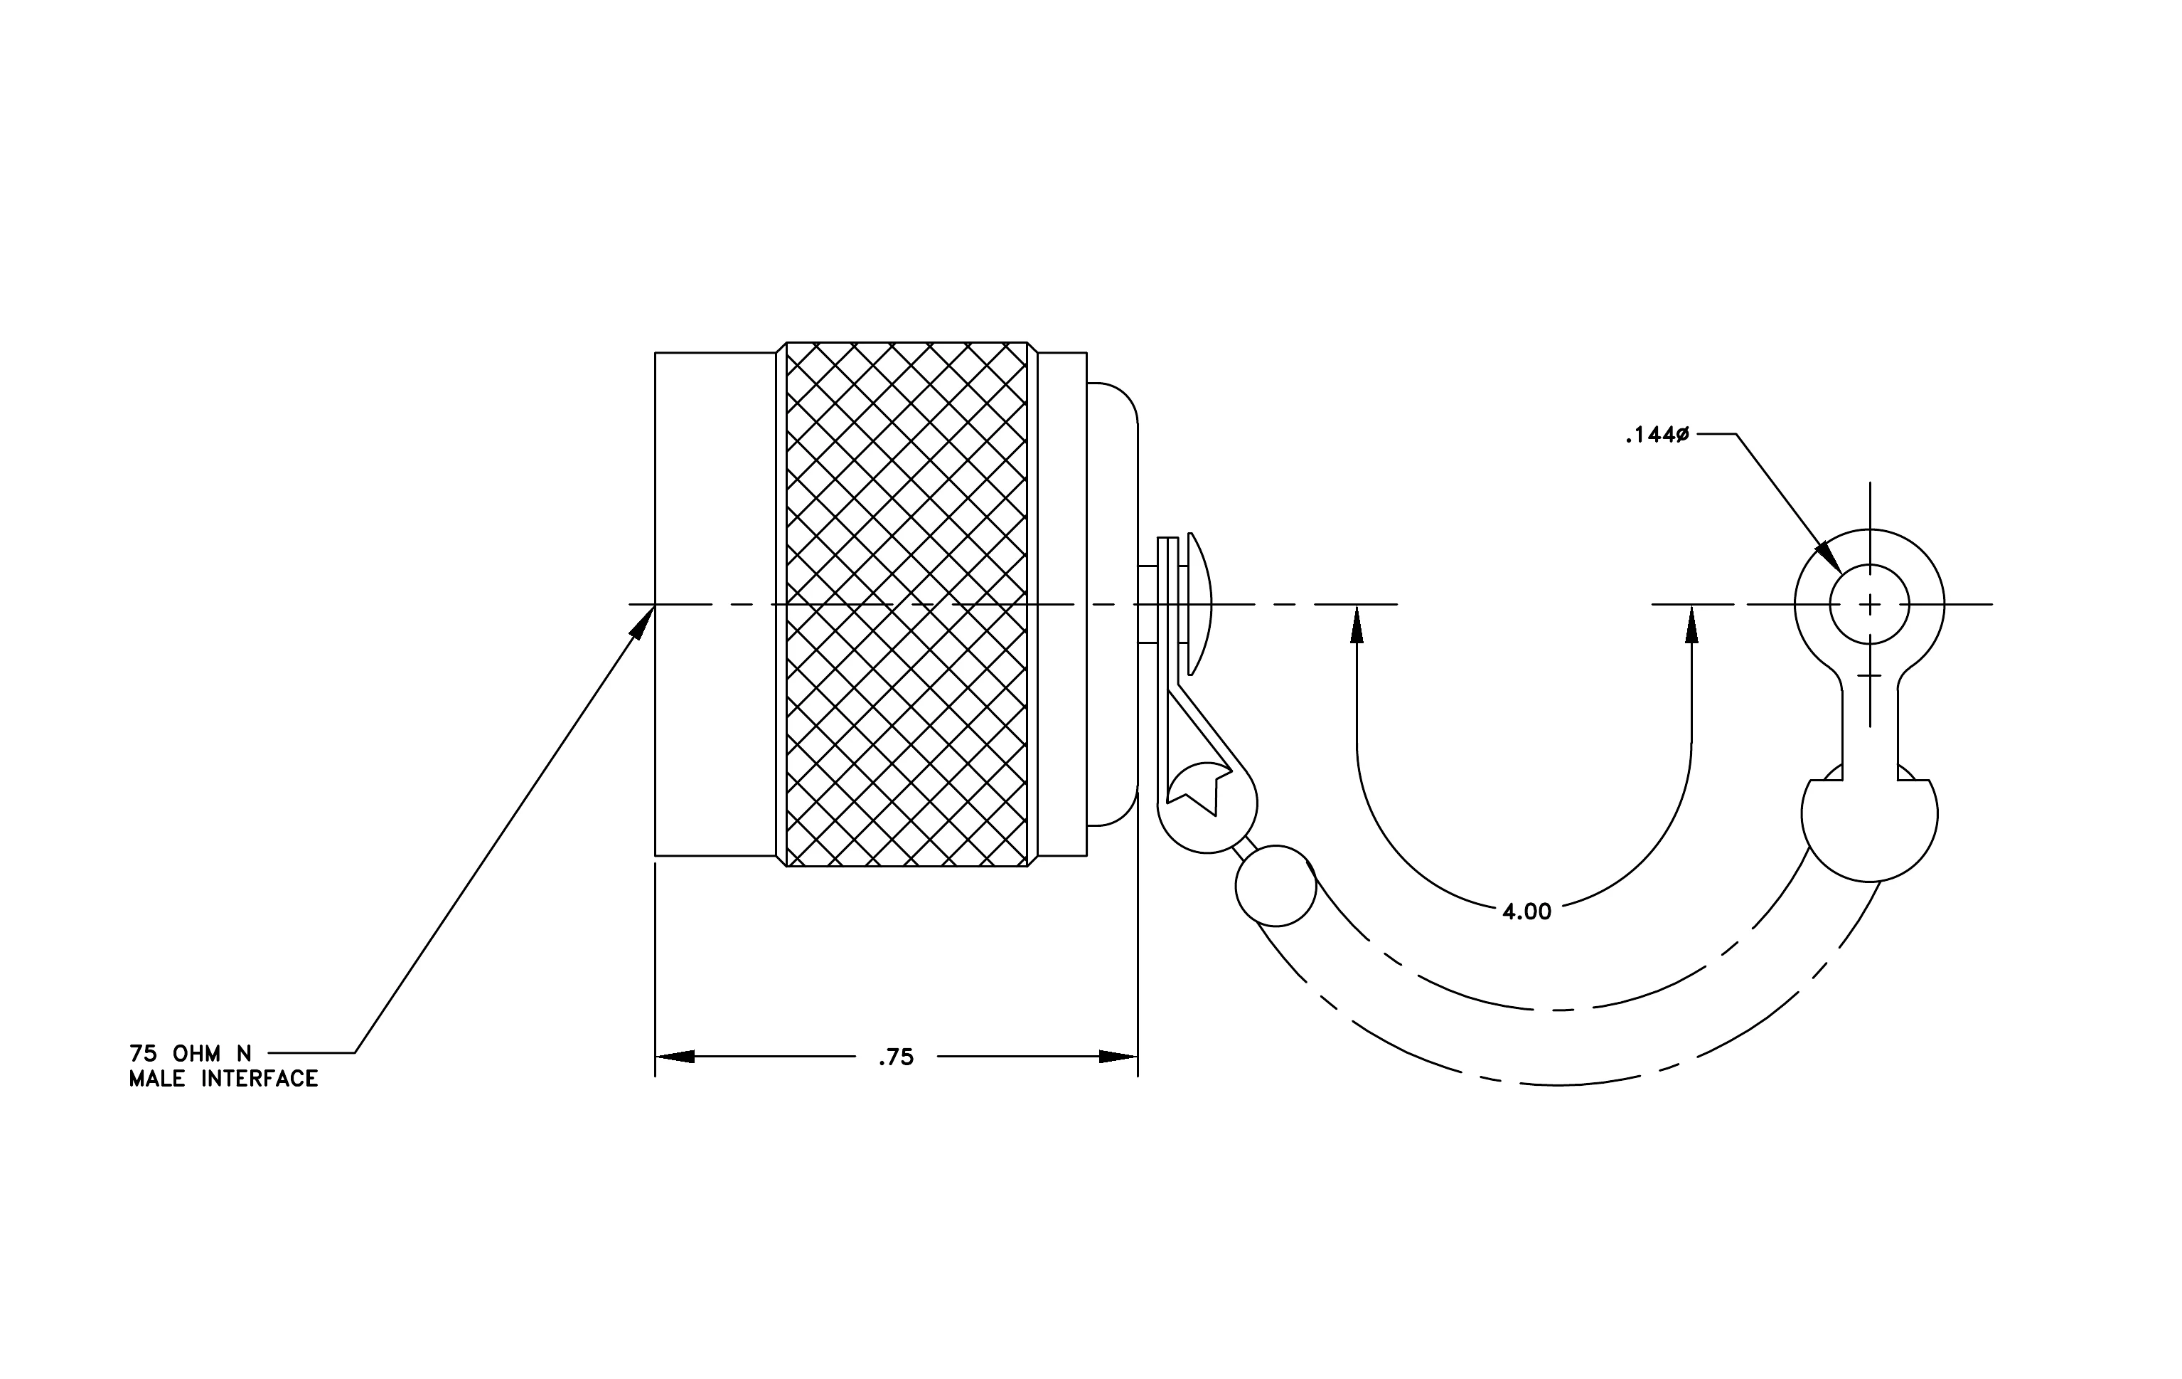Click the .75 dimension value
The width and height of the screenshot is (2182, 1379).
[895, 1057]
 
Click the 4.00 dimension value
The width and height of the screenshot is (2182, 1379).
[1527, 912]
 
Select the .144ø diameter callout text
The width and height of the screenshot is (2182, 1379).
[1657, 435]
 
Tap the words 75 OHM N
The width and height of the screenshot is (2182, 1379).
[191, 1054]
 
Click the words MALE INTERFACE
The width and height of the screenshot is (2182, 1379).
[224, 1079]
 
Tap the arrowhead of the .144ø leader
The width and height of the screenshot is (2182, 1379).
[1828, 556]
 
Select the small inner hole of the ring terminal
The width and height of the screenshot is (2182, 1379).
[1869, 604]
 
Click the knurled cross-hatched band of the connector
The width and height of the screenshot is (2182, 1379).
[907, 604]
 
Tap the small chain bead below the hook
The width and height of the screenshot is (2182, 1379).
[1275, 886]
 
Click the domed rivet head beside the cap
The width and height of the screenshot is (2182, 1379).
[1199, 604]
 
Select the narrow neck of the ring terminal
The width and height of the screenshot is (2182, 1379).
[1869, 734]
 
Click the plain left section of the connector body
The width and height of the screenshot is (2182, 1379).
[716, 604]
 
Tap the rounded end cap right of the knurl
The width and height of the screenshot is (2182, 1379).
[1113, 604]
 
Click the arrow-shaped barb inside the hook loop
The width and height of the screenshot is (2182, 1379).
[1198, 787]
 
